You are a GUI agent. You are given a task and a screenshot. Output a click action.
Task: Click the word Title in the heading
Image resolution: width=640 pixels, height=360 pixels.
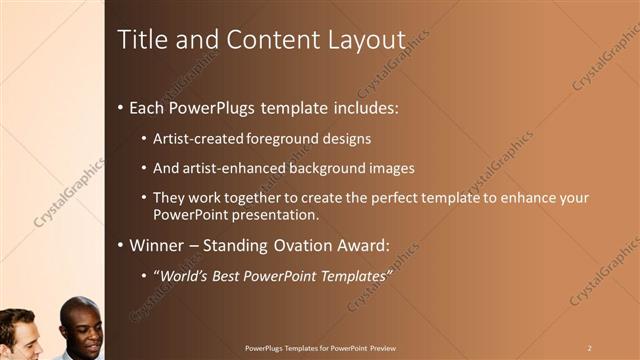click(x=140, y=40)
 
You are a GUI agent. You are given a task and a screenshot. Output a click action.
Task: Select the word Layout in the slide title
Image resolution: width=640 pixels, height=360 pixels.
click(x=366, y=40)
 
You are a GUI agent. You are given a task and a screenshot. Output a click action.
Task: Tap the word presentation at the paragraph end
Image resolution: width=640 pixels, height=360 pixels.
click(x=271, y=214)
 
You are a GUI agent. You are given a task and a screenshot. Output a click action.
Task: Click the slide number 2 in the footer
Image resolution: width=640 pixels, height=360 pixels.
click(x=589, y=348)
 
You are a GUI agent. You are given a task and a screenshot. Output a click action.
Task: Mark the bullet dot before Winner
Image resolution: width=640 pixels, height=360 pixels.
click(x=120, y=246)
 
